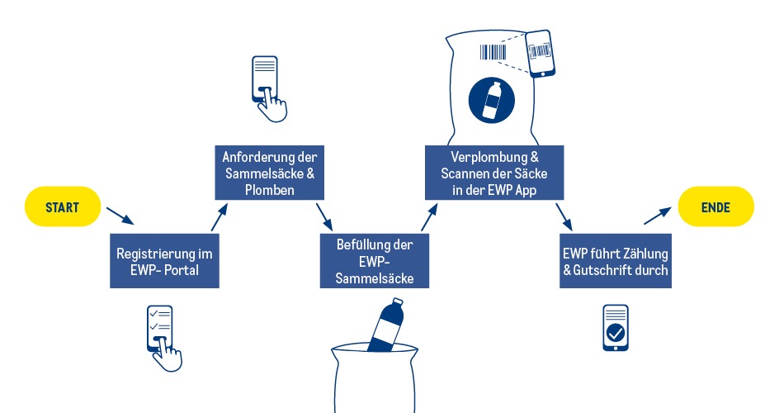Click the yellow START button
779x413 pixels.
tap(63, 207)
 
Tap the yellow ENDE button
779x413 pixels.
tap(715, 207)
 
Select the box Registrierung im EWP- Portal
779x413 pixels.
tap(165, 259)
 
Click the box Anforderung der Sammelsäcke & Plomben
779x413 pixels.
tap(269, 172)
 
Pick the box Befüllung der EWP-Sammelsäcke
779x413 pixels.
tap(375, 261)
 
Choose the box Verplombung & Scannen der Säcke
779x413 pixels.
tap(494, 172)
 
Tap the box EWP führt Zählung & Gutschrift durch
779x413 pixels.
tap(615, 260)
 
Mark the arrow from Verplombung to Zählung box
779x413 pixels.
tap(564, 216)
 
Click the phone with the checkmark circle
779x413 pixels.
tap(616, 327)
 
